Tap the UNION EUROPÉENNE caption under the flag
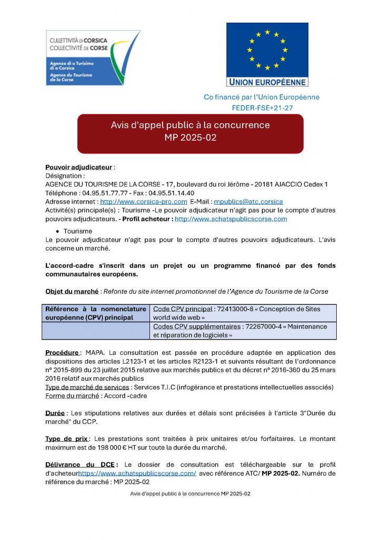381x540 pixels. point(267,82)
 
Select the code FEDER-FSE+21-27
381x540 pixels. point(262,108)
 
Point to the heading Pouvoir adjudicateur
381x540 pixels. point(78,167)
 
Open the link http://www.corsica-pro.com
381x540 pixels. point(144,201)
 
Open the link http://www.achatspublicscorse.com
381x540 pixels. point(230,219)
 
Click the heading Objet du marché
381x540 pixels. point(72,292)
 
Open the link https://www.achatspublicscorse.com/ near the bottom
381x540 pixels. point(137,473)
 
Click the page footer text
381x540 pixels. point(190,494)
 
